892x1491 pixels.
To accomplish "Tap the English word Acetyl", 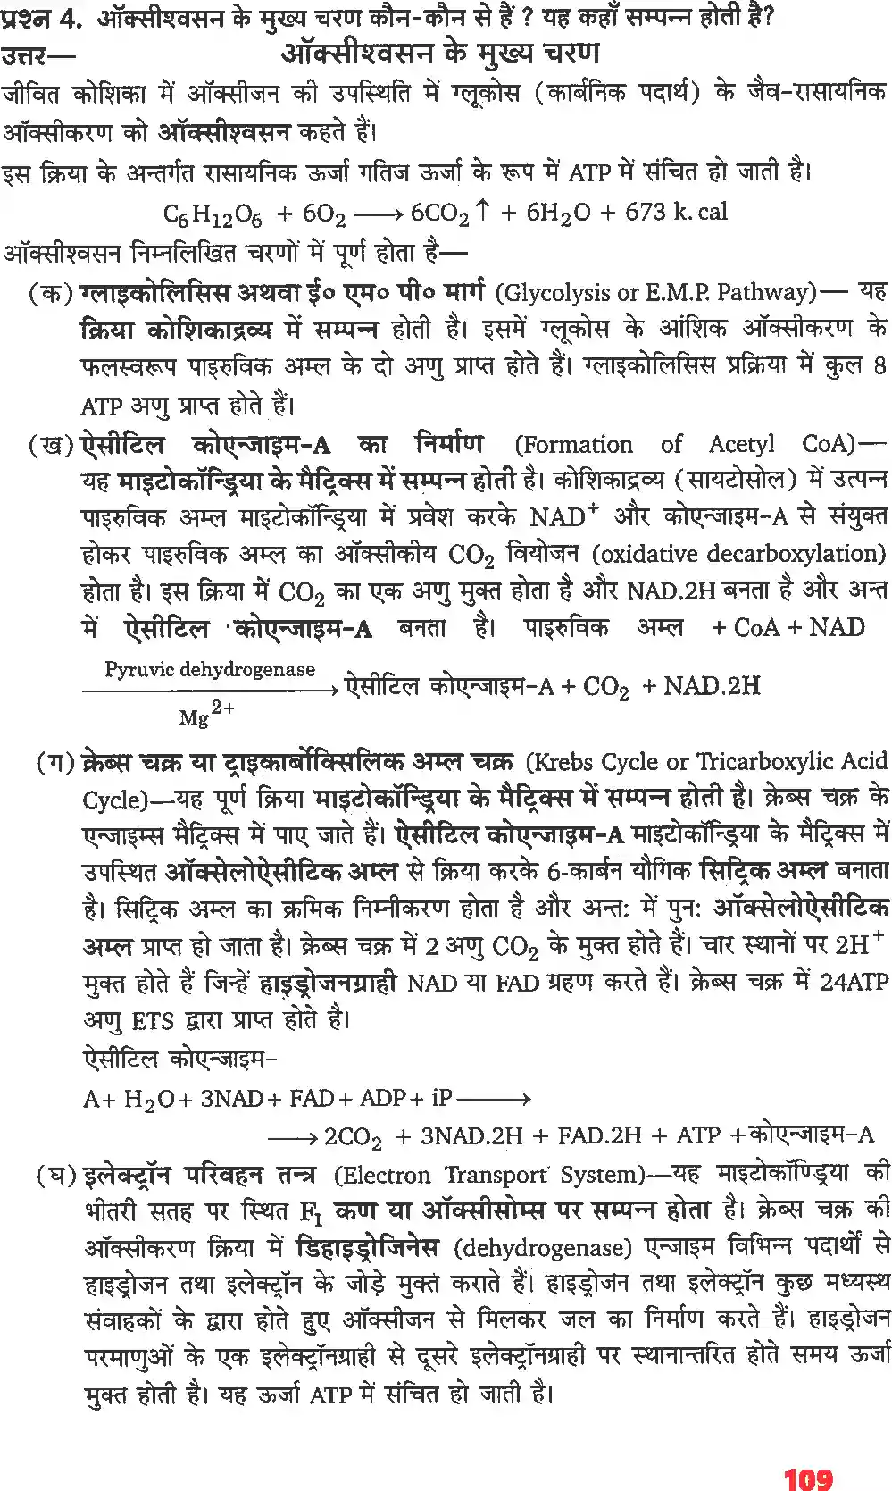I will pos(741,444).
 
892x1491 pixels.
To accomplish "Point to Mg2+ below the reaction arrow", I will pos(206,714).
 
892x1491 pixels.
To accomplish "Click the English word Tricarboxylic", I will pos(764,761).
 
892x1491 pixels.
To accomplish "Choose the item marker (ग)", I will pos(54,762).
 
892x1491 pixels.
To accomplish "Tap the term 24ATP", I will pos(854,983).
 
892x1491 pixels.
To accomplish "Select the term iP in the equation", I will pos(441,1097).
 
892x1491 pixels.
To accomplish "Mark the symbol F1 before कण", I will pos(310,1212).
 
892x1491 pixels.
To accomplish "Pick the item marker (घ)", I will pos(56,1174).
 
